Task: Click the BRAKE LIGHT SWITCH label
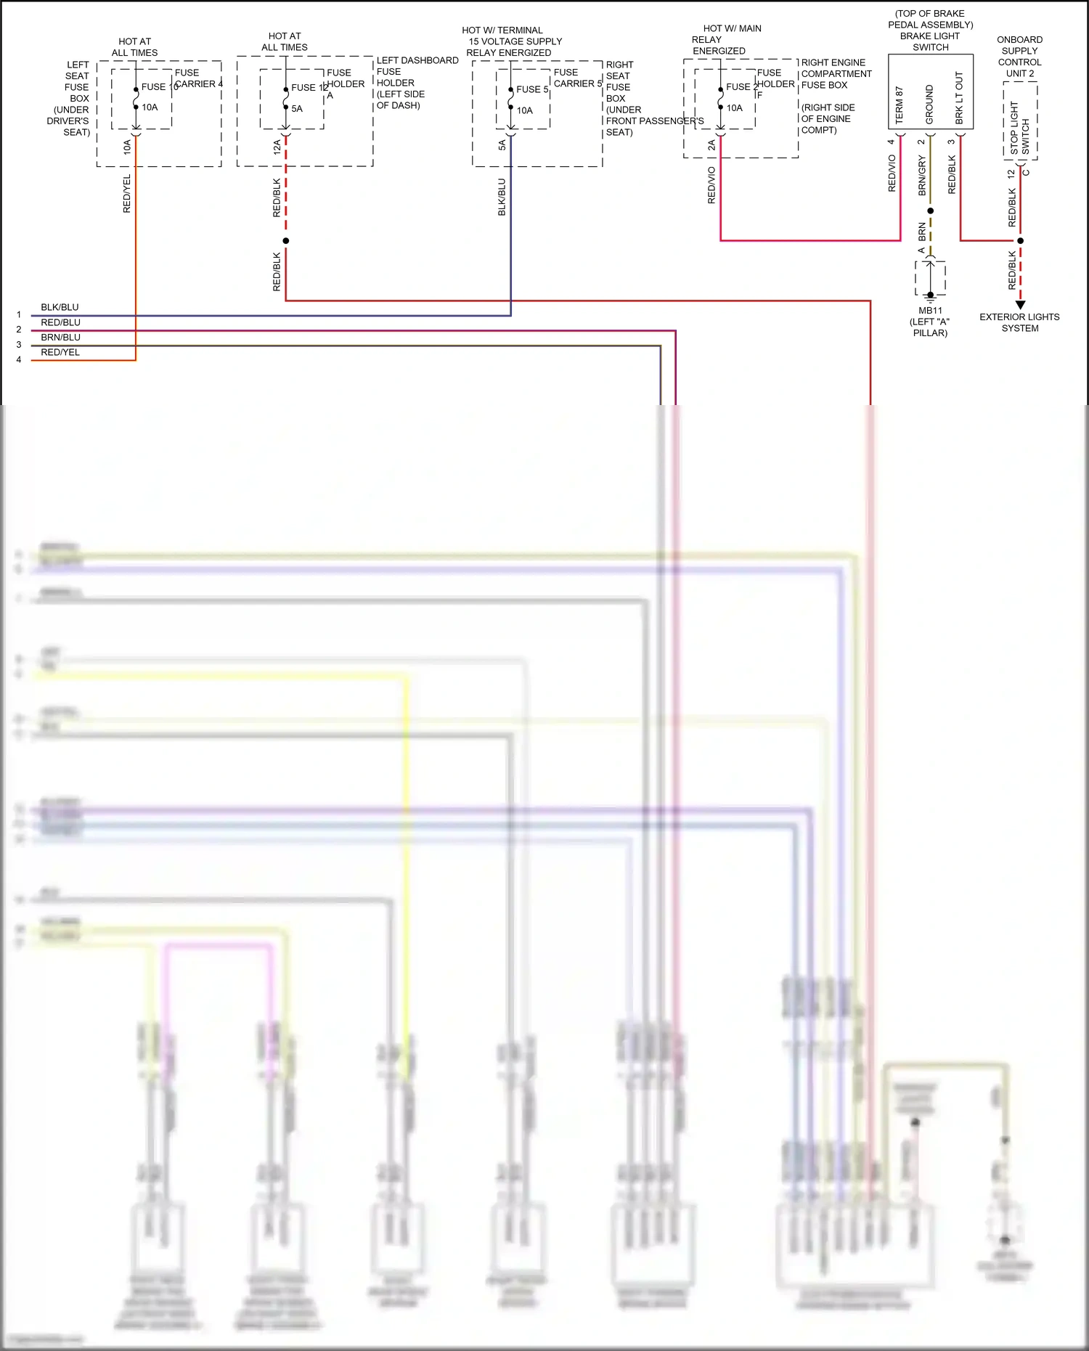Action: tap(930, 41)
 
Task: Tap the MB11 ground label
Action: tap(930, 311)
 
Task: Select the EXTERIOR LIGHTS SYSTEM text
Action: tap(1019, 322)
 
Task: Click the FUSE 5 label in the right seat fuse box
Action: tap(532, 89)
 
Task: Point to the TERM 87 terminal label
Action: tap(900, 105)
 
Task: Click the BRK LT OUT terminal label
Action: tap(959, 97)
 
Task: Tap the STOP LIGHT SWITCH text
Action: tap(1020, 128)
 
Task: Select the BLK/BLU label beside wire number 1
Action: tap(60, 307)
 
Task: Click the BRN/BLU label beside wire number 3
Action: tap(60, 337)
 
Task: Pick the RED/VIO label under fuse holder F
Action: tap(711, 185)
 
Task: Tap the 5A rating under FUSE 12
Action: tap(297, 109)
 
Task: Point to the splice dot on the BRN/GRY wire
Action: tap(931, 211)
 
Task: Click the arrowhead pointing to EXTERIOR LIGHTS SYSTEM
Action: tap(1020, 305)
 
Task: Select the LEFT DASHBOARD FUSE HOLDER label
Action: tap(417, 82)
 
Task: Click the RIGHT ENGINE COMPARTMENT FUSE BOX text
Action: tap(836, 73)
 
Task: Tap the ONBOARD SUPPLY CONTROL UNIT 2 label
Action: tap(1019, 57)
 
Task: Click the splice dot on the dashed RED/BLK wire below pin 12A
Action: tap(286, 240)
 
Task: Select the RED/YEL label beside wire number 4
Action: tap(60, 352)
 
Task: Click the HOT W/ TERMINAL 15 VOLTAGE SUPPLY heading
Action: tap(512, 41)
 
